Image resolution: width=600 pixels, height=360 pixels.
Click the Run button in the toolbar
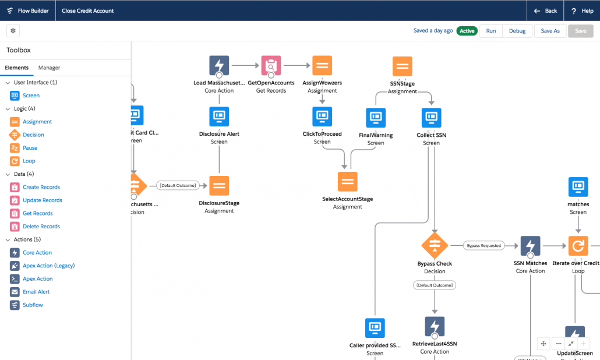491,31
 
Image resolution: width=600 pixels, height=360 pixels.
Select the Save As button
550,31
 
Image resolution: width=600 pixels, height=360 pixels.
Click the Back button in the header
545,10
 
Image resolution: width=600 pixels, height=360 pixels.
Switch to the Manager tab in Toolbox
49,68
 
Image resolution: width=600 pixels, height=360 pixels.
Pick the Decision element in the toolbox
33,135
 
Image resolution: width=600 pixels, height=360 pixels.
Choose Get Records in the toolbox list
37,213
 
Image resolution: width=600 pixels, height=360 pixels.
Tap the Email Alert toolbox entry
36,292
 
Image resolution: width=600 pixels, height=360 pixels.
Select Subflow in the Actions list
33,305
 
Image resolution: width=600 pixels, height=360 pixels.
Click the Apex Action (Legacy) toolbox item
48,266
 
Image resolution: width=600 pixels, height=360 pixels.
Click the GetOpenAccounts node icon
271,66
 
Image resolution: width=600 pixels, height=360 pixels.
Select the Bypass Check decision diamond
435,245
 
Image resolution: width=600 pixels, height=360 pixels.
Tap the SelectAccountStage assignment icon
348,181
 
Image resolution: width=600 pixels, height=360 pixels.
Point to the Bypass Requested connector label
483,246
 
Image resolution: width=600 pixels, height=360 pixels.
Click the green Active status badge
466,31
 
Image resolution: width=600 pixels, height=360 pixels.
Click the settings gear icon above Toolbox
13,30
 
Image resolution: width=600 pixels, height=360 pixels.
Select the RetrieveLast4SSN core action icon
435,327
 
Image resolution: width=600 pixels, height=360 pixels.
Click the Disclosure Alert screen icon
219,117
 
